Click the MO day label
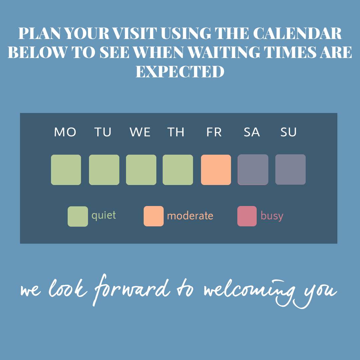coord(65,132)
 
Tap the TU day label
coord(103,132)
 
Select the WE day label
coord(140,132)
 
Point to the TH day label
coord(176,132)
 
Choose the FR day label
coord(214,132)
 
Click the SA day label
coord(252,132)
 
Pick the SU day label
coord(288,132)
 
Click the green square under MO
coord(66,170)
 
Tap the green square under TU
coord(104,170)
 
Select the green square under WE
coord(141,170)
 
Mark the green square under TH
coord(178,170)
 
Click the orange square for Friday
coord(216,170)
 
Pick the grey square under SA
coord(253,170)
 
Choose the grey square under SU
coord(290,169)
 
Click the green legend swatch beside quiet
coord(78,216)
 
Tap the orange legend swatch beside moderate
coord(154,216)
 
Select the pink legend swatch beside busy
coord(247,216)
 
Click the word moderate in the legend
coord(190,216)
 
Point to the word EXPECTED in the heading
coord(180,71)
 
